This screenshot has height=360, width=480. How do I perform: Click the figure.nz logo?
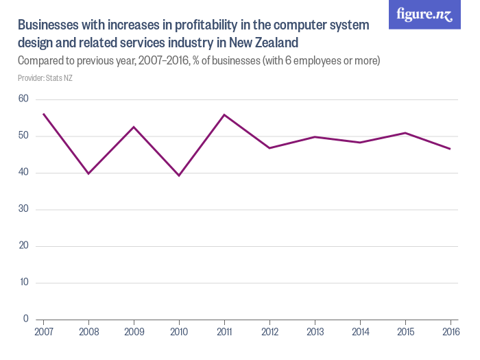424,15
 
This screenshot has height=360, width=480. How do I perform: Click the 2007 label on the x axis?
43,333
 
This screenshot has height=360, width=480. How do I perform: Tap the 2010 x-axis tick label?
179,333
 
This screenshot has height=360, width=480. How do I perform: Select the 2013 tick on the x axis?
315,333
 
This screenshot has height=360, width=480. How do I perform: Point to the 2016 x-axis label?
450,333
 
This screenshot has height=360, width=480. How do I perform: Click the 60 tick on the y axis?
23,99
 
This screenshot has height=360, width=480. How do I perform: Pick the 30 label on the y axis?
23,209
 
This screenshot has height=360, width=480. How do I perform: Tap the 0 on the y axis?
26,319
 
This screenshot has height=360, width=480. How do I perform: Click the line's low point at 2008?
88,173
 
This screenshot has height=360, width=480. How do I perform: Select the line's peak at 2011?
224,115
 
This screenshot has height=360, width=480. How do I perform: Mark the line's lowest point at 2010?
179,176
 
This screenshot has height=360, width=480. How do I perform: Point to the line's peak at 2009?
134,127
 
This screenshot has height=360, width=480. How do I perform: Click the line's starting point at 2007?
43,114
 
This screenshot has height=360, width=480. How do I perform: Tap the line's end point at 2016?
450,149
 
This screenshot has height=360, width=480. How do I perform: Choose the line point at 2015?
405,133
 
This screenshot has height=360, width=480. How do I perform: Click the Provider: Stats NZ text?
45,78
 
